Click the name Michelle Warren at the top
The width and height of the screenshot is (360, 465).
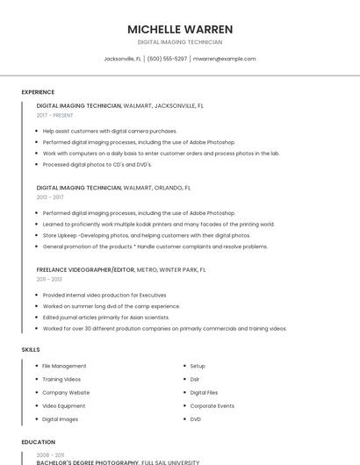coord(179,29)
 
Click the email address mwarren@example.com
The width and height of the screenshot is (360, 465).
coord(224,59)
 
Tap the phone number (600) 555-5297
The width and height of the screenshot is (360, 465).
coord(167,59)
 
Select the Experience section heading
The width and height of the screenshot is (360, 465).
coord(38,92)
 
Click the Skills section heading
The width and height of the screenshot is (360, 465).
coord(31,350)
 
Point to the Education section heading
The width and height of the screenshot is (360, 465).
coord(39,442)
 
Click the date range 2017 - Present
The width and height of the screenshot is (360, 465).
coord(55,115)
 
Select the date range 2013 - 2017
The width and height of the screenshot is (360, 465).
coord(50,197)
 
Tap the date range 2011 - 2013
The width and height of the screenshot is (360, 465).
coord(49,279)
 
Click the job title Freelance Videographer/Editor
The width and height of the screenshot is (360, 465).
coord(85,270)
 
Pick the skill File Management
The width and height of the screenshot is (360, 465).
coord(64,366)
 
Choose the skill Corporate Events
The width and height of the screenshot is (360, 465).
coord(212,406)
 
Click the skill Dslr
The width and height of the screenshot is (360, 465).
coord(195,379)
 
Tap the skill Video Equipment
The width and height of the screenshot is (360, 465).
coord(64,406)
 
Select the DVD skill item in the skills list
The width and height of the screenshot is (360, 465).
coord(195,419)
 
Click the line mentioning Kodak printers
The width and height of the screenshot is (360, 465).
coord(158,224)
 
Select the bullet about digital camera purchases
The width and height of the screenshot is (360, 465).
coord(110,131)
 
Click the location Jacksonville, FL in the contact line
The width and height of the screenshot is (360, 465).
coord(123,59)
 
